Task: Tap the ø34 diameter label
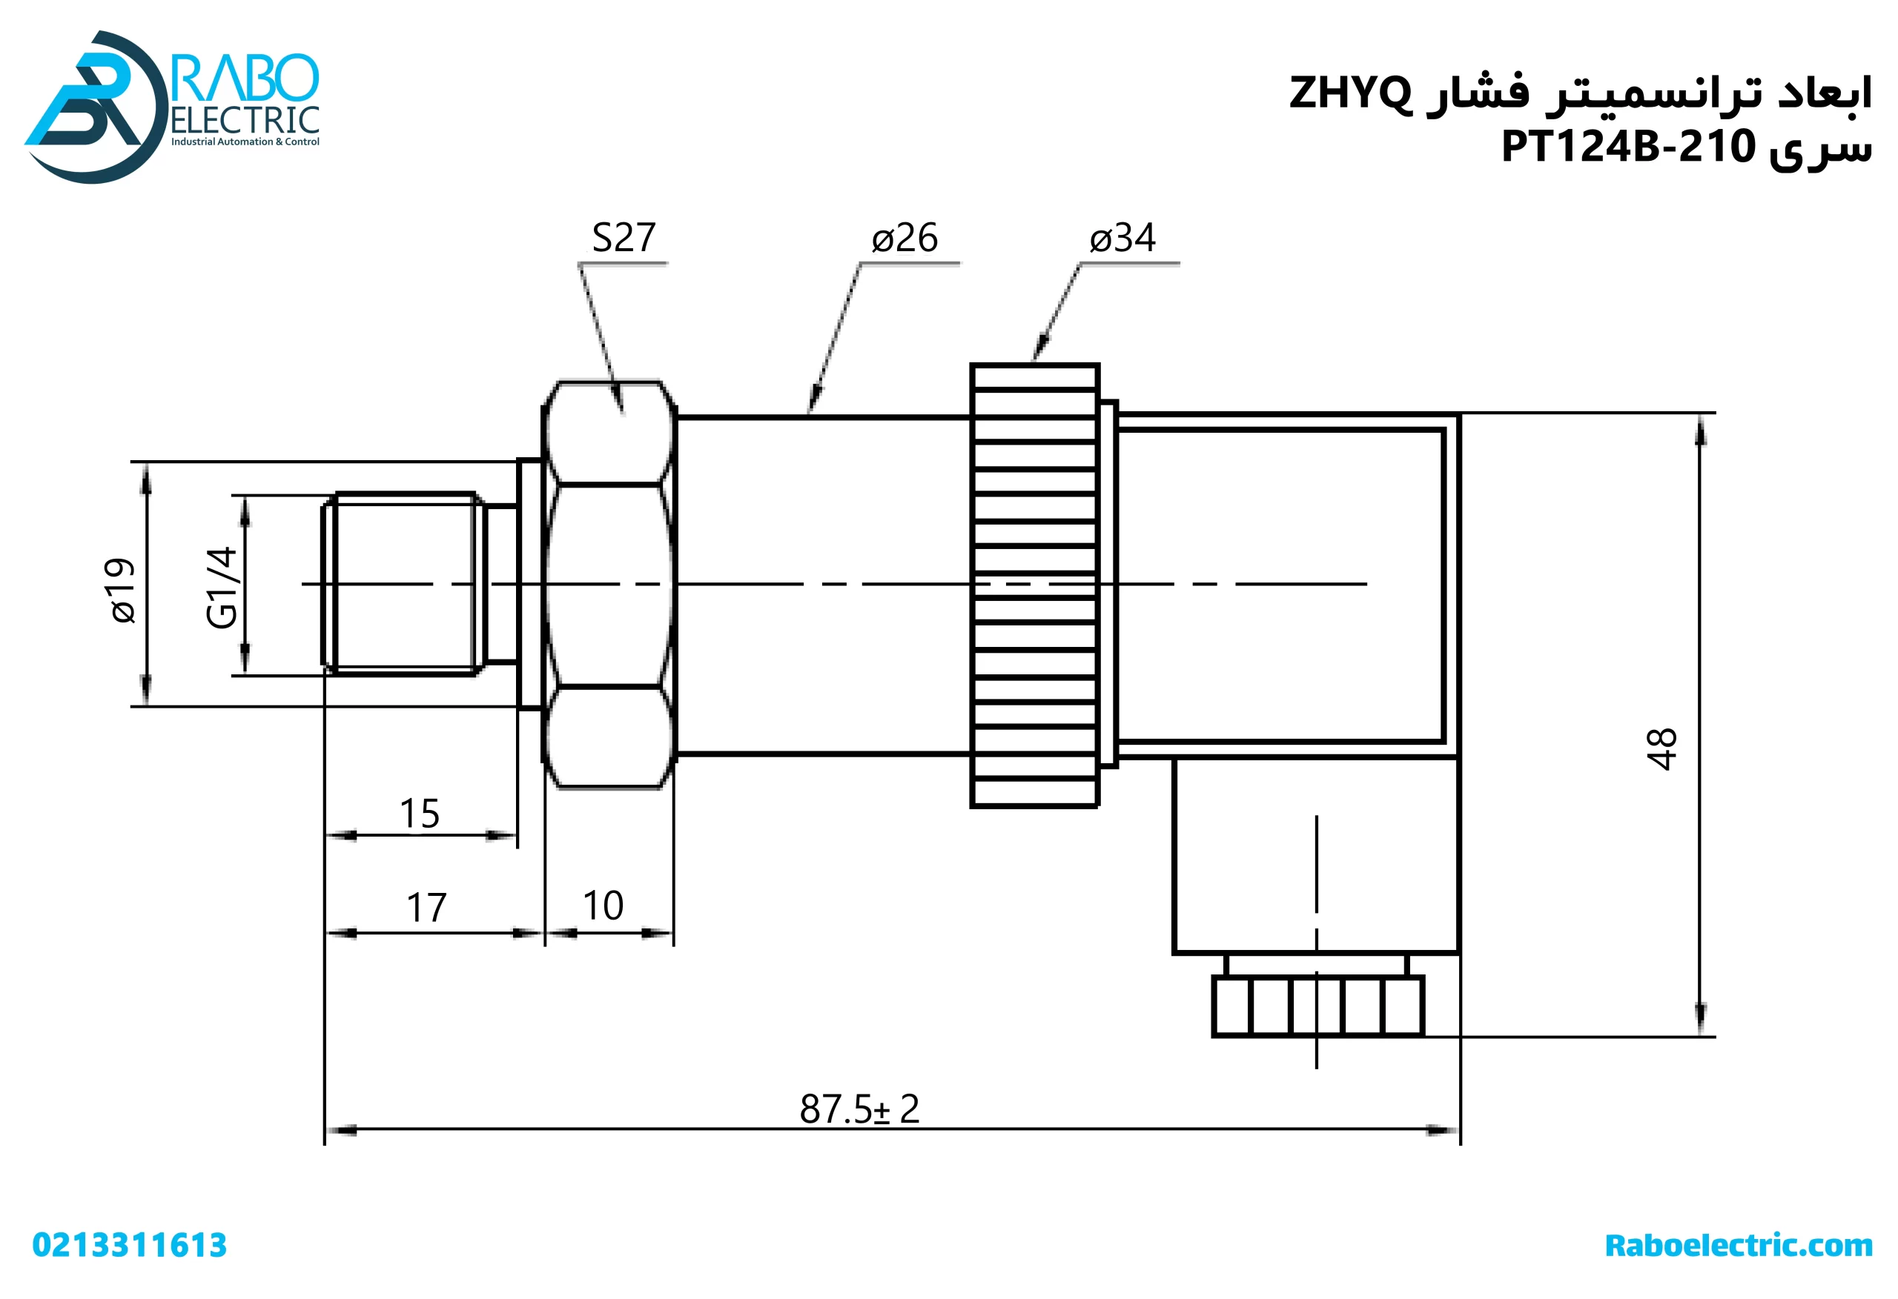point(1122,238)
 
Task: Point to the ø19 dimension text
point(122,591)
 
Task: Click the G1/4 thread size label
point(222,588)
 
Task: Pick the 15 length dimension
point(419,814)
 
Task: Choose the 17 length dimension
point(426,908)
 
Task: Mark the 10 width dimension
point(603,906)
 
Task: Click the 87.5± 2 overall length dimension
point(859,1109)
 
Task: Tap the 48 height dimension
point(1661,748)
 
